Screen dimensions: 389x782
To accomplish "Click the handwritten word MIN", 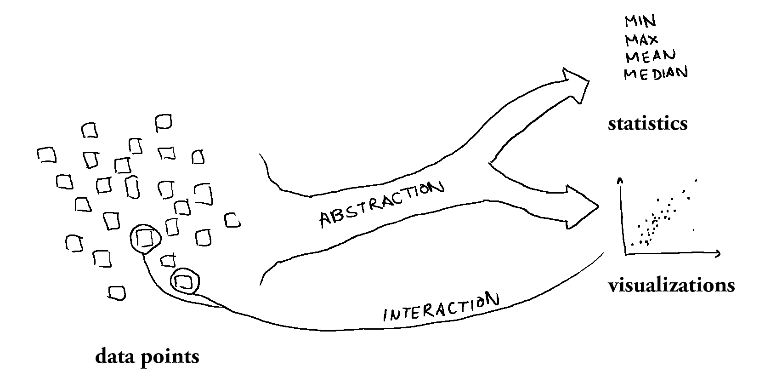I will tap(640, 22).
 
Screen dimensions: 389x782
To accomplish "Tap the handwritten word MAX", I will tap(641, 40).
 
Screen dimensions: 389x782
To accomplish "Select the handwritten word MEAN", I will tap(650, 56).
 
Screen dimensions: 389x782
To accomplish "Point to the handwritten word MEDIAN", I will tap(656, 73).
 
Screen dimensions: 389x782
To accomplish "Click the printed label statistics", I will tap(647, 124).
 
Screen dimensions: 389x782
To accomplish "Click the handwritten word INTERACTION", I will tap(441, 308).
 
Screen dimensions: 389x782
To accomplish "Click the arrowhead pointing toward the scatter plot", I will tap(584, 206).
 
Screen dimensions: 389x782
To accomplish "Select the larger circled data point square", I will tap(145, 238).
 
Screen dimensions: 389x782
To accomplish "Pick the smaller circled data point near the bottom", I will tap(185, 281).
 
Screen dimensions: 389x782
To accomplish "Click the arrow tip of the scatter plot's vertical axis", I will tap(620, 180).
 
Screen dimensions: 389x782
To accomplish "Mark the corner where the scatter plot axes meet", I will tap(625, 253).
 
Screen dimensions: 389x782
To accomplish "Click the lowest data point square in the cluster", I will tap(117, 292).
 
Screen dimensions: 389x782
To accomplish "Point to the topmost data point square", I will tap(164, 122).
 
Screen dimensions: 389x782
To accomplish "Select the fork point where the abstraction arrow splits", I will tap(491, 162).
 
